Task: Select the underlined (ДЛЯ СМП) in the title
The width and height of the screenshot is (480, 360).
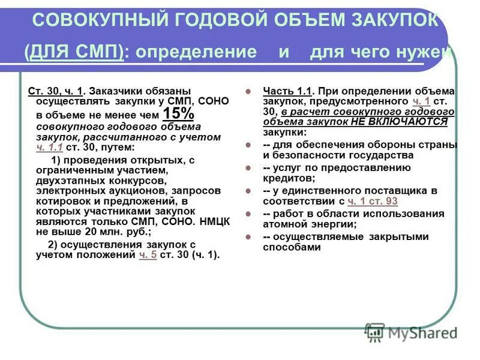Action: (74, 52)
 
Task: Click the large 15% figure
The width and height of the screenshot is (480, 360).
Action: (178, 114)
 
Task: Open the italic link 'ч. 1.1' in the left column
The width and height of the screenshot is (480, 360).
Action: (50, 147)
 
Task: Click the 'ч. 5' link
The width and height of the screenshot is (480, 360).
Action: (148, 254)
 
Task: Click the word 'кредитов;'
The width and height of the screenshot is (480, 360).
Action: (287, 179)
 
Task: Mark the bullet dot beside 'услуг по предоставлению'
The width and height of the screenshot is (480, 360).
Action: (247, 169)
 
